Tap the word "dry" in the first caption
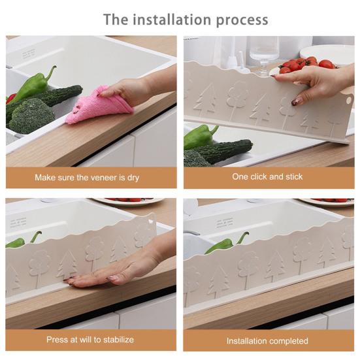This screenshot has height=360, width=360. pyautogui.click(x=132, y=177)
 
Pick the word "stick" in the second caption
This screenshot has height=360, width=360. pyautogui.click(x=291, y=177)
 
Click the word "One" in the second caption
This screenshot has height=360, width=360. pyautogui.click(x=240, y=177)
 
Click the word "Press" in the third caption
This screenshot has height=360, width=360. pyautogui.click(x=57, y=340)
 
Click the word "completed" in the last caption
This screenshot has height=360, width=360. pyautogui.click(x=288, y=340)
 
